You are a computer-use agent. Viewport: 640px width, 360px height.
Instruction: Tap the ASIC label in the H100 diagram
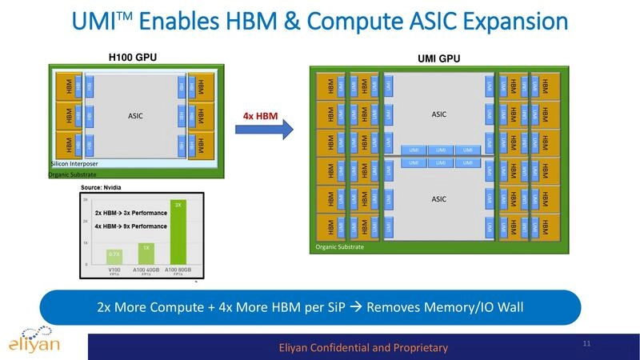pos(136,115)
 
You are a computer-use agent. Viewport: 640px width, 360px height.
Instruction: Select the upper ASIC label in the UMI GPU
pos(439,114)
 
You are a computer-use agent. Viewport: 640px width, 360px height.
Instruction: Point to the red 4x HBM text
pos(260,116)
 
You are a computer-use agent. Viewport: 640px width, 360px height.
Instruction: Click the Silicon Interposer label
pos(74,164)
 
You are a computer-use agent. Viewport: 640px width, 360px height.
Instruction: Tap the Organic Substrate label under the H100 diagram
pos(71,174)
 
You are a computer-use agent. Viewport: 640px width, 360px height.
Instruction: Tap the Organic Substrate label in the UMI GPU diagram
pos(339,247)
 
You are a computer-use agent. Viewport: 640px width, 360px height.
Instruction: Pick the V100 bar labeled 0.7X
pos(115,257)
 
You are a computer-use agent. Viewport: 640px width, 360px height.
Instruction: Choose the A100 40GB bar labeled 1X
pos(146,253)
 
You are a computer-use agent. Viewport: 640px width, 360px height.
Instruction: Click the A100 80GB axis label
pos(177,270)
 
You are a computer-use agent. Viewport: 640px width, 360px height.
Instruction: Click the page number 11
pos(587,344)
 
